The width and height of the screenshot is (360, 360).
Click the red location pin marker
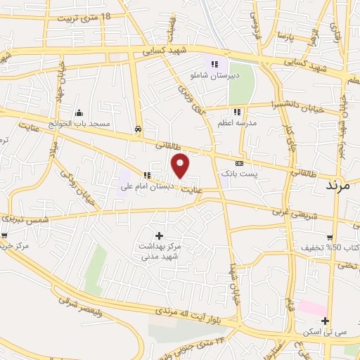click(x=181, y=166)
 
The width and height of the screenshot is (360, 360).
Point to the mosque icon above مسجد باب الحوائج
click(x=79, y=112)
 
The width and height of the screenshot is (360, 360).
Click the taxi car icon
click(x=139, y=129)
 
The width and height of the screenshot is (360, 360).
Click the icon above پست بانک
click(x=239, y=162)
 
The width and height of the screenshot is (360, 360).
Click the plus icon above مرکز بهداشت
click(x=158, y=236)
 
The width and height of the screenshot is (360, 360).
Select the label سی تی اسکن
click(x=326, y=332)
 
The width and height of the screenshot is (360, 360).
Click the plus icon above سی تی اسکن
click(x=326, y=321)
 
